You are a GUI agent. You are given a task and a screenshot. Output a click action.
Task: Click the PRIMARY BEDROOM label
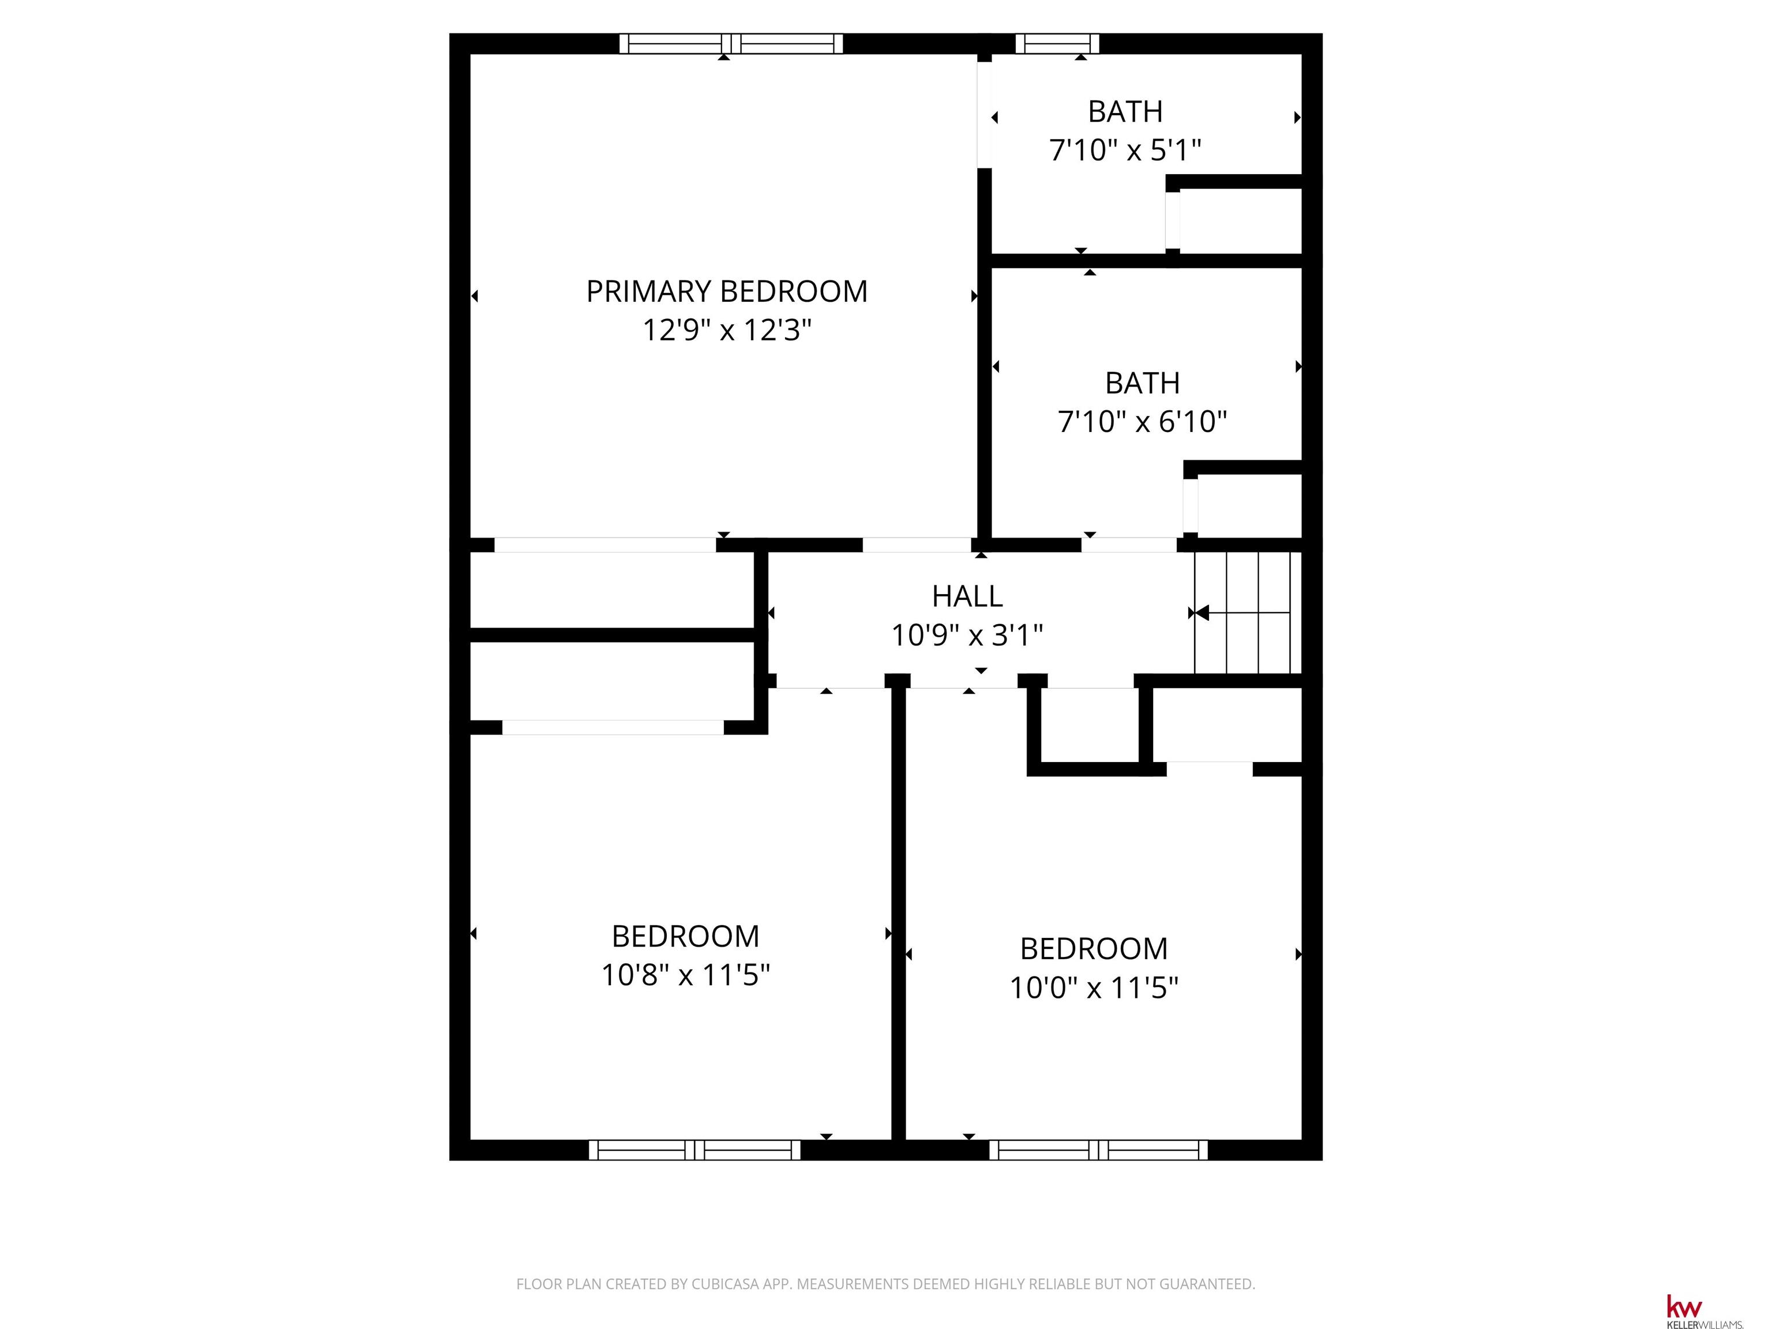pyautogui.click(x=727, y=292)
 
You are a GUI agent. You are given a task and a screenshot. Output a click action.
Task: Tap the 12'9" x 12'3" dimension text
pyautogui.click(x=727, y=330)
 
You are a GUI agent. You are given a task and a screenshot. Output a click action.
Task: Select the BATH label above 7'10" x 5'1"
pyautogui.click(x=1125, y=112)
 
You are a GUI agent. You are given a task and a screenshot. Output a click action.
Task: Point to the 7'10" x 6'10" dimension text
pyautogui.click(x=1142, y=422)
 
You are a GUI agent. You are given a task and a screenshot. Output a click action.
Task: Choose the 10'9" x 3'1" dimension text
pyautogui.click(x=967, y=635)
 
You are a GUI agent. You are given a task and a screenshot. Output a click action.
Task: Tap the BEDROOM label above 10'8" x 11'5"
pyautogui.click(x=685, y=936)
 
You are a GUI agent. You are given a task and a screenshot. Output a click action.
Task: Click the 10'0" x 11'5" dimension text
pyautogui.click(x=1094, y=988)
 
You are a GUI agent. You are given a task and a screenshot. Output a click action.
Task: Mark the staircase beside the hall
pyautogui.click(x=1247, y=613)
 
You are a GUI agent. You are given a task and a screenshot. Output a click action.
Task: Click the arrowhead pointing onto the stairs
pyautogui.click(x=1202, y=613)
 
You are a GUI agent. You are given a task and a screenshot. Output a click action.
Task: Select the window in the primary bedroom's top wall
pyautogui.click(x=731, y=43)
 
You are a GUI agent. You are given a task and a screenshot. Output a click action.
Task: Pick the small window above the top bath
pyautogui.click(x=1057, y=43)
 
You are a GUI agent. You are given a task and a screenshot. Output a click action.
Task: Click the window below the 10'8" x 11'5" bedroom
pyautogui.click(x=694, y=1150)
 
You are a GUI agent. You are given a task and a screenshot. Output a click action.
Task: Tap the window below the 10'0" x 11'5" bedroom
pyautogui.click(x=1098, y=1150)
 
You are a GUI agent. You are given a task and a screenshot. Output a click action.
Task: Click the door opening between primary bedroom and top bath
pyautogui.click(x=985, y=115)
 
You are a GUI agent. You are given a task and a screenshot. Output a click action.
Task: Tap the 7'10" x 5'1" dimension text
pyautogui.click(x=1125, y=151)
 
